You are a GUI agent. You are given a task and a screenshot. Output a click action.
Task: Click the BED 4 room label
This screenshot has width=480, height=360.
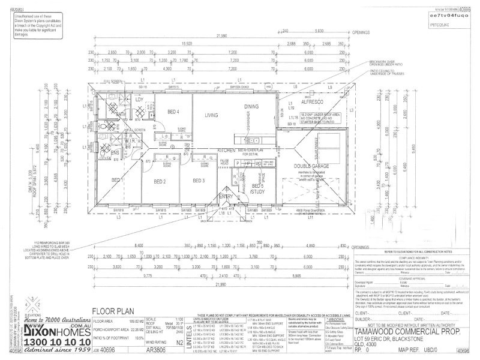pos(173,112)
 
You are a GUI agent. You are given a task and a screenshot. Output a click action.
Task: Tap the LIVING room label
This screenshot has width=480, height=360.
pos(211,115)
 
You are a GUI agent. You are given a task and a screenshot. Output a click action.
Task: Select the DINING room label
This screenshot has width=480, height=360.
pos(251,106)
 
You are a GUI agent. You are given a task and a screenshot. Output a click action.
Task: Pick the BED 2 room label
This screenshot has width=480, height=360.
pos(160,181)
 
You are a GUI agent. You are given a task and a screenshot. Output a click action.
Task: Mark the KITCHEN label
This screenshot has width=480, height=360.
pos(209,149)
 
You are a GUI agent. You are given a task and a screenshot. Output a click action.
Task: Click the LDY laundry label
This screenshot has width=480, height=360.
pos(139,99)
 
